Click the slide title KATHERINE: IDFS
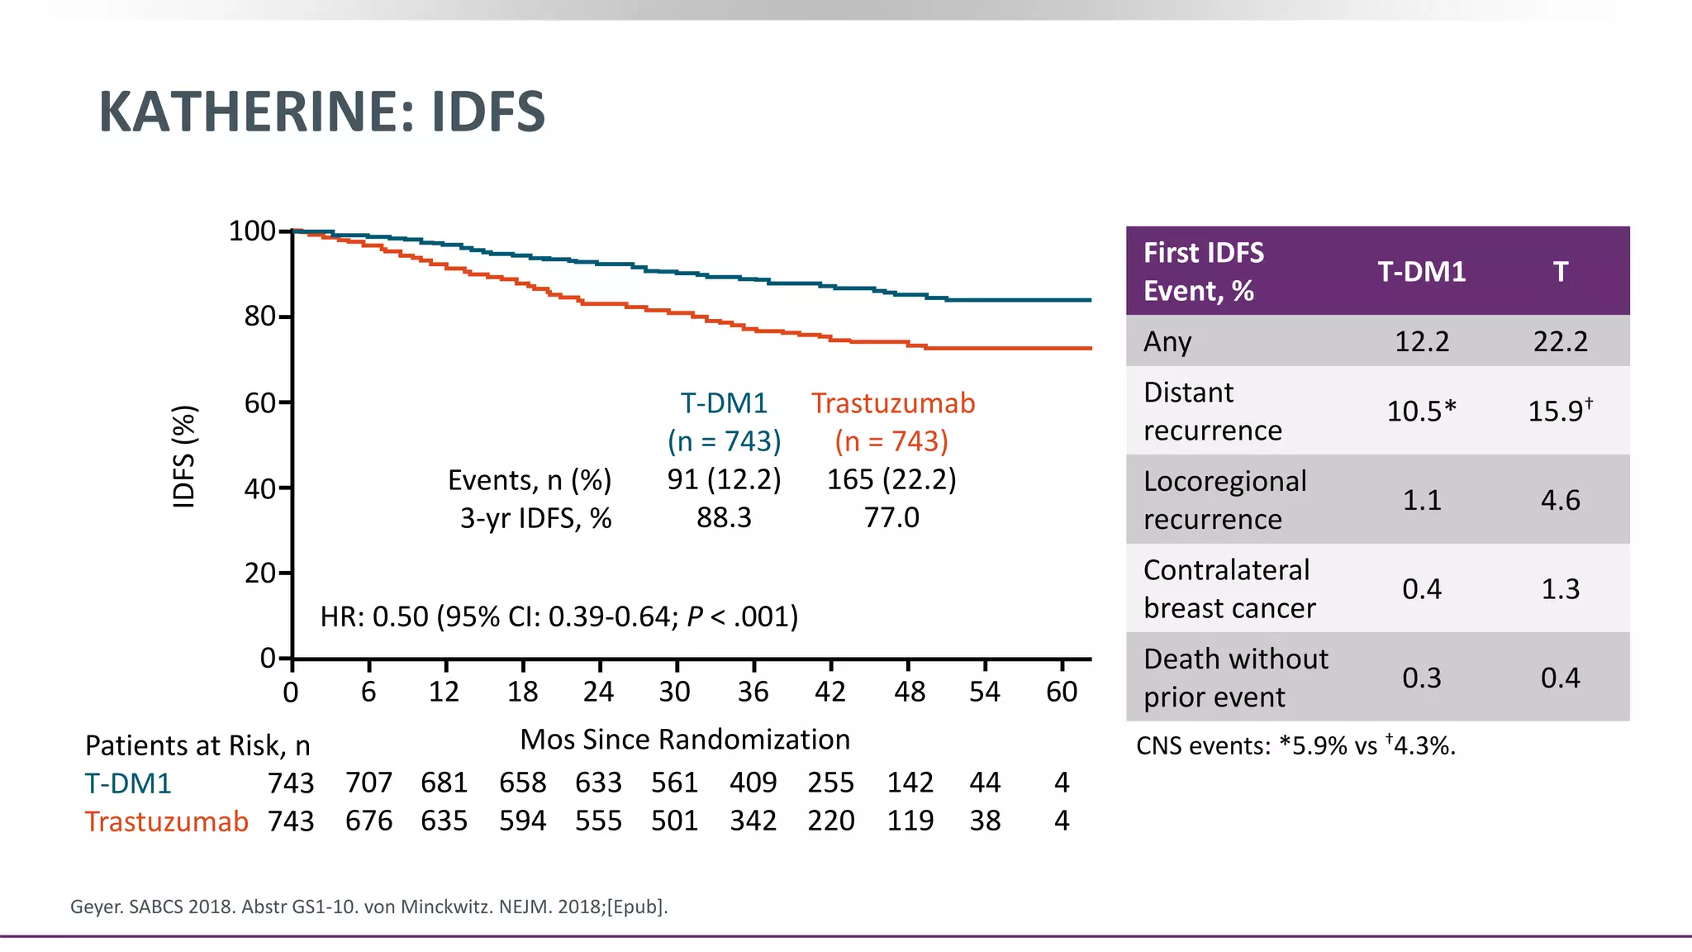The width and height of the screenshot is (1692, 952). [x=321, y=112]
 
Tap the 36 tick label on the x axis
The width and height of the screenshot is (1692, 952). [x=753, y=692]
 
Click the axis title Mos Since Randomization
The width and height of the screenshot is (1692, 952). [x=684, y=740]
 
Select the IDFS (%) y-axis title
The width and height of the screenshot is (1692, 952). [x=183, y=456]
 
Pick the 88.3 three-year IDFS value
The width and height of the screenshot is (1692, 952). [x=724, y=518]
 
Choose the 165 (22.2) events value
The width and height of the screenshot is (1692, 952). [x=891, y=479]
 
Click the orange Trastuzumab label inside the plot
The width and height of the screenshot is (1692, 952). [x=892, y=403]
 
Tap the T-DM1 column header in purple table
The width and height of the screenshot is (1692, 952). [x=1421, y=272]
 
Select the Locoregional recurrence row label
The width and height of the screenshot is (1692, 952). [x=1224, y=500]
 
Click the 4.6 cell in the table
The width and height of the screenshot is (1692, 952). [x=1560, y=500]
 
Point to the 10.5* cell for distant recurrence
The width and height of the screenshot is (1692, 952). [x=1421, y=411]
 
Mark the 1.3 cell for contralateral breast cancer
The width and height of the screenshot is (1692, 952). [x=1560, y=589]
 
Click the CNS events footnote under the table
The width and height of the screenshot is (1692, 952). [x=1295, y=746]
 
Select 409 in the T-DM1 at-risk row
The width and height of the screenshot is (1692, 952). [x=753, y=783]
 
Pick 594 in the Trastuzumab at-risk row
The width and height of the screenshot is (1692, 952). [x=522, y=821]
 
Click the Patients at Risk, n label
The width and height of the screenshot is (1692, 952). [x=197, y=746]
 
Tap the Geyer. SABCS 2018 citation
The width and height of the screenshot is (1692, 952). [x=368, y=907]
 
